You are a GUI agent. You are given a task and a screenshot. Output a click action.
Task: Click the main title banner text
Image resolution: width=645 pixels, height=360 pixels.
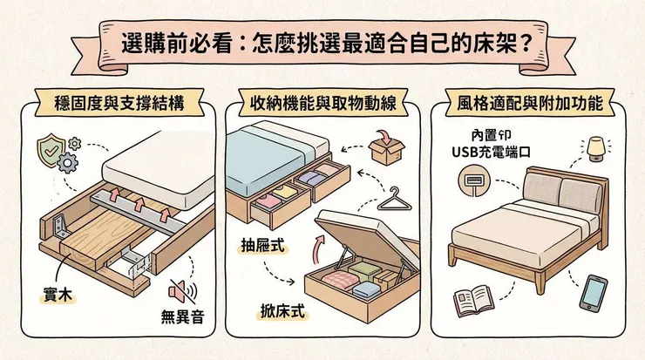click(x=323, y=44)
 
